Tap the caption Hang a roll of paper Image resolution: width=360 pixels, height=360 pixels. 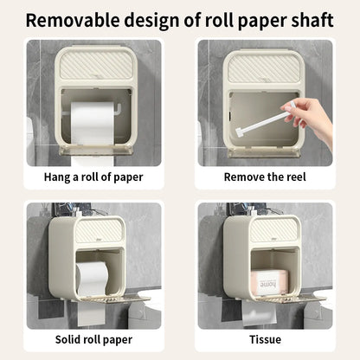(93, 177)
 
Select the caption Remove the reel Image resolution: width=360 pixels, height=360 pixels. (265, 177)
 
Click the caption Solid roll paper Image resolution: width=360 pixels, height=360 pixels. (93, 340)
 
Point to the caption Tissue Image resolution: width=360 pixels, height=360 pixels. (265, 340)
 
